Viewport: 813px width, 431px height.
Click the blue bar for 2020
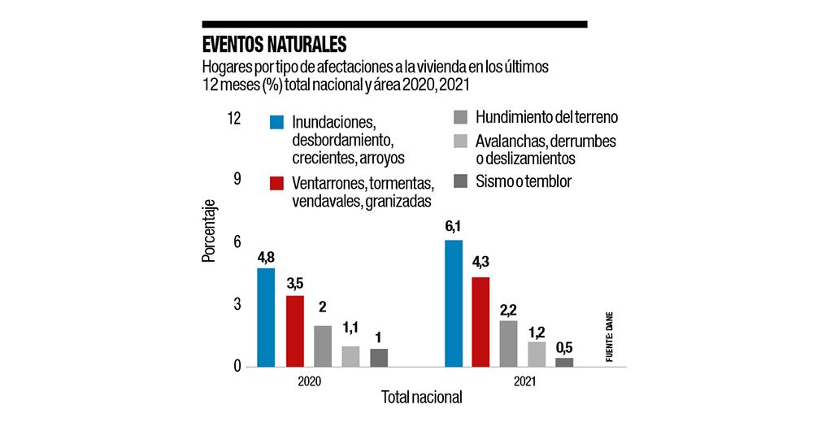(x=266, y=317)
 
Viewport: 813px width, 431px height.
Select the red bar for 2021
(x=480, y=322)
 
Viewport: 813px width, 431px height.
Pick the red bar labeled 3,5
(x=294, y=331)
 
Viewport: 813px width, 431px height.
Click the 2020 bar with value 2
(x=323, y=346)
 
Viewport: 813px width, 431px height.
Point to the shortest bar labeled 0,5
(x=564, y=363)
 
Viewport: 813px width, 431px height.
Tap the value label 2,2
(x=509, y=309)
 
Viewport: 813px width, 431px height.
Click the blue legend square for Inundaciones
(x=277, y=123)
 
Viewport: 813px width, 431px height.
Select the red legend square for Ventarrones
(x=277, y=183)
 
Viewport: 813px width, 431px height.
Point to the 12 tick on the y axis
(x=234, y=119)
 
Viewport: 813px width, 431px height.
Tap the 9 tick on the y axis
(x=237, y=181)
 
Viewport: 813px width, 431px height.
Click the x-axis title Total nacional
(x=421, y=398)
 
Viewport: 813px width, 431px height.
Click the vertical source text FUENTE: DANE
(x=608, y=334)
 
